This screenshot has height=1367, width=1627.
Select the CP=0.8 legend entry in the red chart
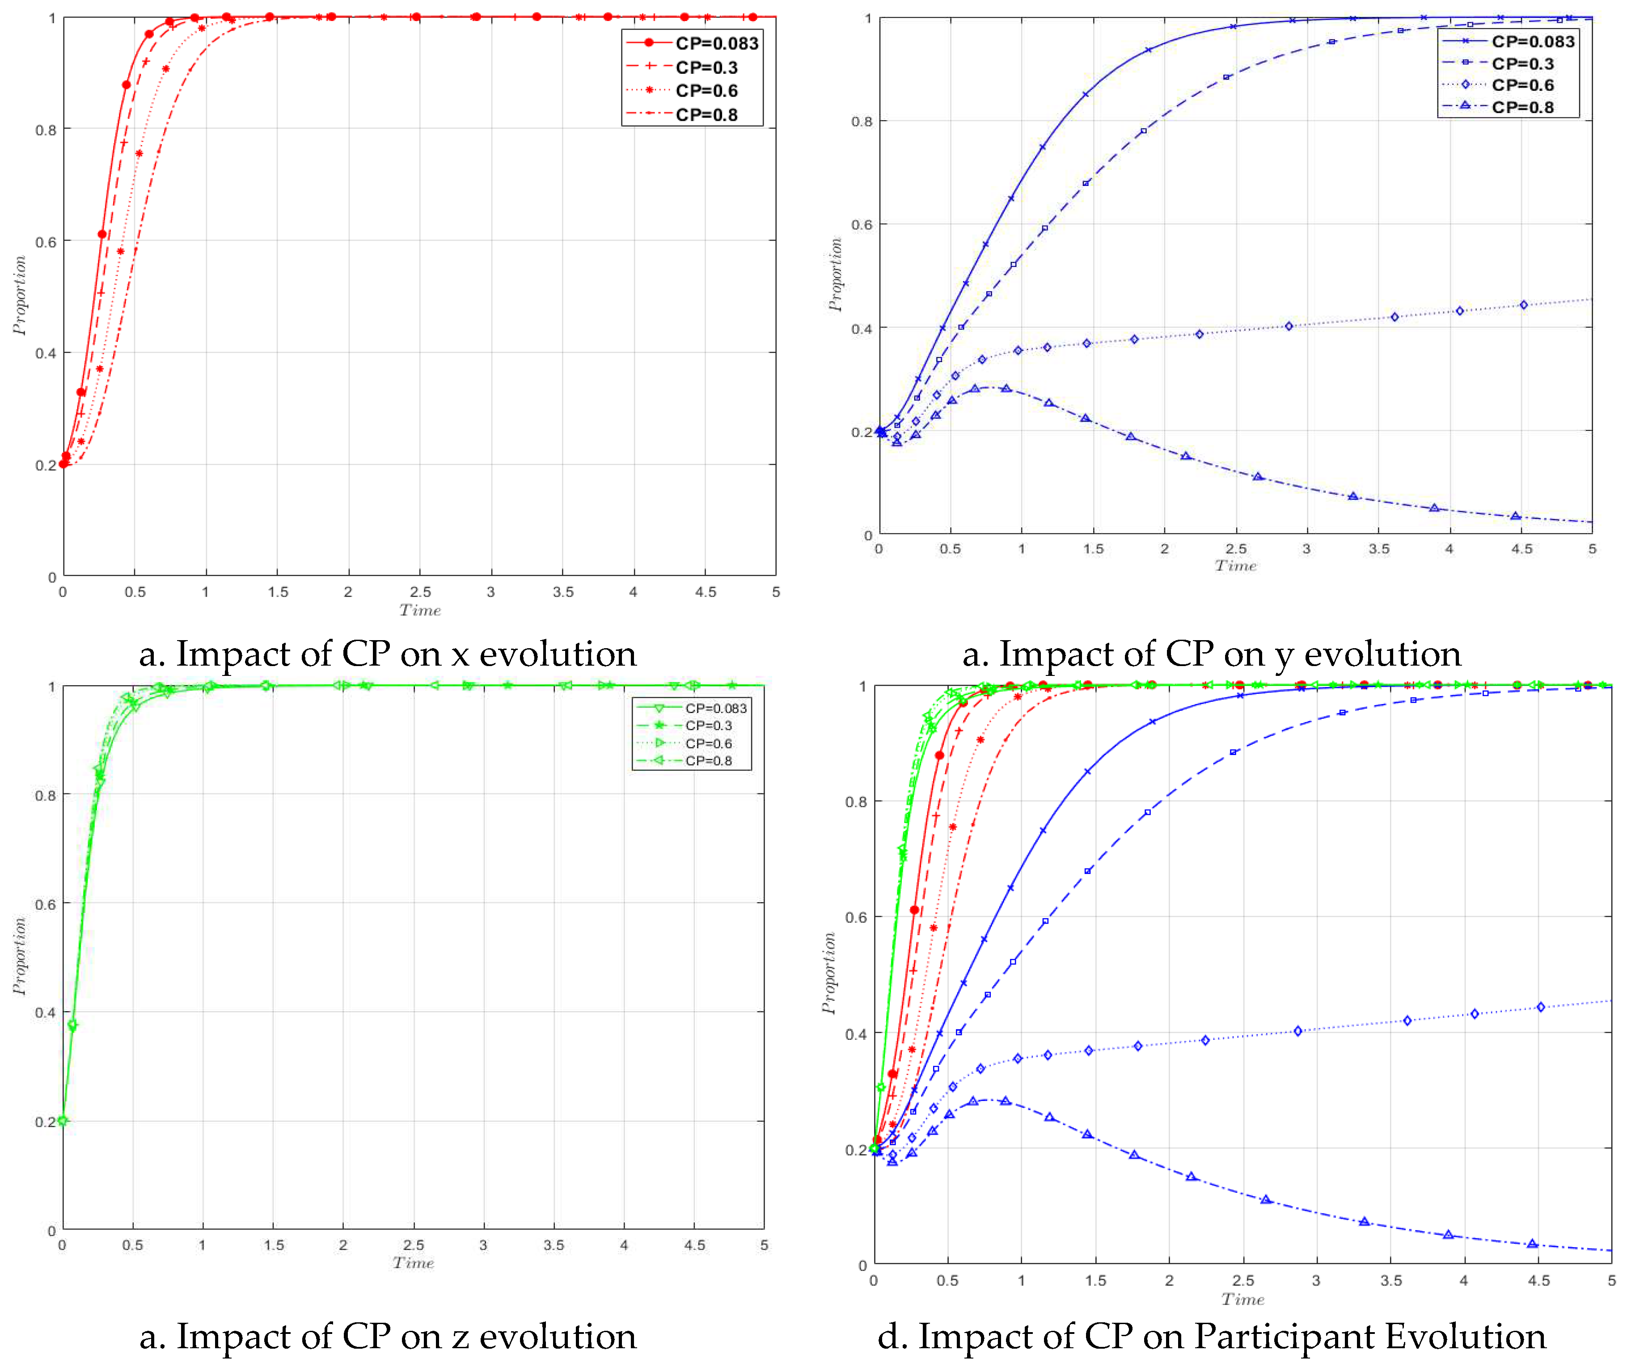(706, 115)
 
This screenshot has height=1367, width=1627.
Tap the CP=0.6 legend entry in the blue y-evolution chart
(1522, 85)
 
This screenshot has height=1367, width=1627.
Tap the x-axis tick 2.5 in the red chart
(420, 592)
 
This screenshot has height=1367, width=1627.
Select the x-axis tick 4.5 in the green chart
(694, 1245)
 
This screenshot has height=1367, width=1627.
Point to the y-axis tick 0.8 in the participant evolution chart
(856, 802)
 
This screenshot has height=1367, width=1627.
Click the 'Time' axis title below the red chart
(420, 611)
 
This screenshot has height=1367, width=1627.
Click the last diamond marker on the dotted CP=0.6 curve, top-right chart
(1524, 304)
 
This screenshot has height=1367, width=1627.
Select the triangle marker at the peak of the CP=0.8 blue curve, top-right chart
(1006, 388)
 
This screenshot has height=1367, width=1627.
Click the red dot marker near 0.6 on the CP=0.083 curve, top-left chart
(102, 234)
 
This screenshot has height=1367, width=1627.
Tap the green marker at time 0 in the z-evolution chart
(63, 1121)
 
